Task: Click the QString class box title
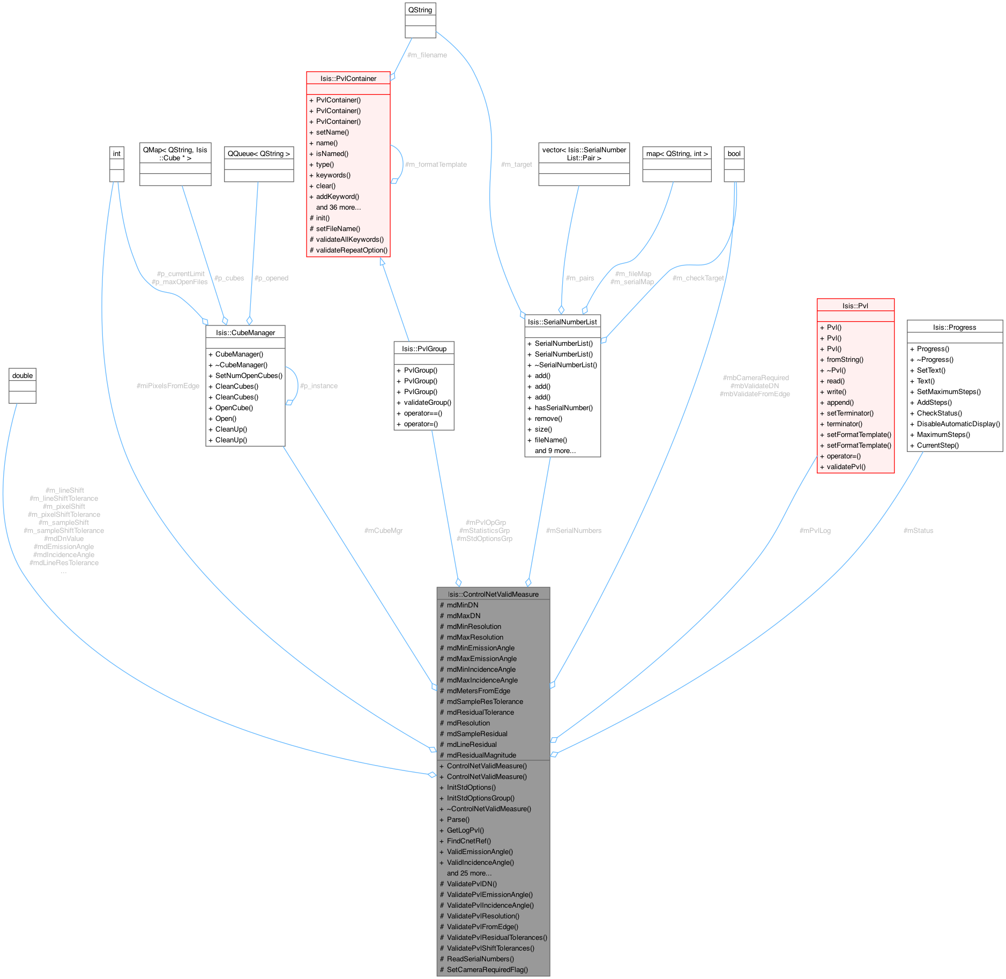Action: (420, 10)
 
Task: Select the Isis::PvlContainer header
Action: (348, 78)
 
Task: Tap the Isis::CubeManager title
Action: (245, 332)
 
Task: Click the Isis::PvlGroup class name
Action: (424, 348)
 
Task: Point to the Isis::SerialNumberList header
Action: (562, 322)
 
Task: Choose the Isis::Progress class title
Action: (955, 327)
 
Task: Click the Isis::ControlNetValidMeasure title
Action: (493, 594)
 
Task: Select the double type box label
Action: (23, 375)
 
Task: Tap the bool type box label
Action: (734, 153)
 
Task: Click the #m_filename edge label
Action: (427, 55)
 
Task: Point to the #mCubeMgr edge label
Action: (383, 530)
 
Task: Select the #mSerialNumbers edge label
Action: (573, 530)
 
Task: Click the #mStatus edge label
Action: (918, 530)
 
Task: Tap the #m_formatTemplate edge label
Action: (436, 164)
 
